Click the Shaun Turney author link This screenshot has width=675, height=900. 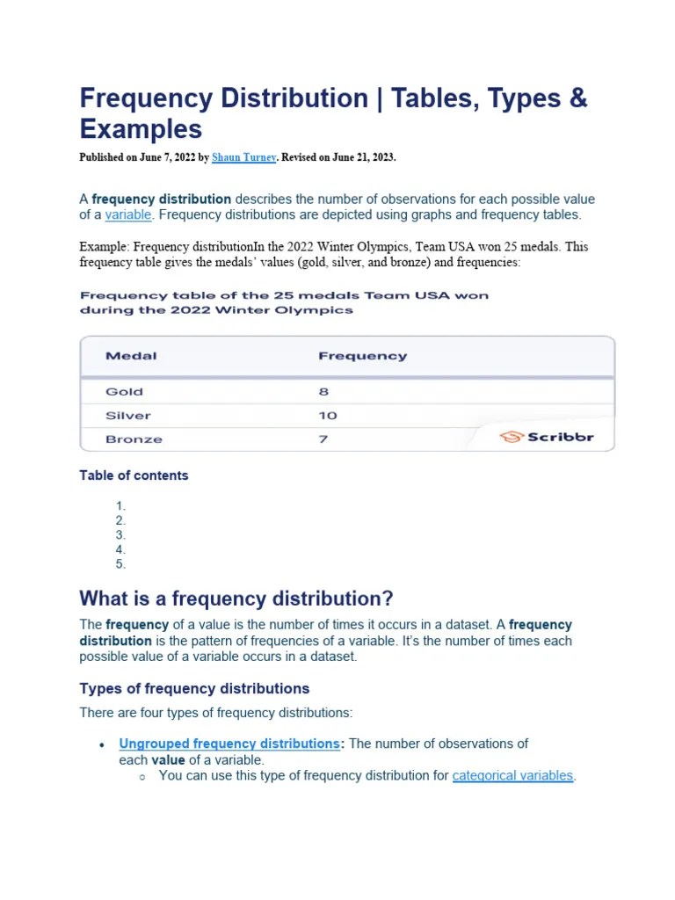pyautogui.click(x=243, y=157)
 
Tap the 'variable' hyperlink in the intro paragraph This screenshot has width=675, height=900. pyautogui.click(x=128, y=215)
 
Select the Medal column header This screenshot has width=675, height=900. pyautogui.click(x=131, y=356)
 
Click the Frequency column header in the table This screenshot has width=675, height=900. pyautogui.click(x=362, y=356)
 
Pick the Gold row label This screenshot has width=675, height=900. pyautogui.click(x=124, y=392)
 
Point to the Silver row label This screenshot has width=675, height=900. pyautogui.click(x=127, y=416)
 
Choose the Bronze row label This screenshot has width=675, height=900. pyautogui.click(x=134, y=439)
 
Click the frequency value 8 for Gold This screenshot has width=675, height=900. pyautogui.click(x=323, y=392)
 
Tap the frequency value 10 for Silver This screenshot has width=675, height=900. pyautogui.click(x=327, y=416)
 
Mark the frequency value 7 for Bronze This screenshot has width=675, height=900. pyautogui.click(x=323, y=439)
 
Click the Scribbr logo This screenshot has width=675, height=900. pyautogui.click(x=547, y=437)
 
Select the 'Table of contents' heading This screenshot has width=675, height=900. pyautogui.click(x=134, y=475)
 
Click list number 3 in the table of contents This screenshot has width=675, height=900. pyautogui.click(x=120, y=534)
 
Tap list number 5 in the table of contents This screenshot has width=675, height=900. pyautogui.click(x=120, y=564)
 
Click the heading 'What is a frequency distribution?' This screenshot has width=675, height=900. pyautogui.click(x=236, y=599)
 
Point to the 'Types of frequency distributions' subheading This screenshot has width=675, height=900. pyautogui.click(x=194, y=688)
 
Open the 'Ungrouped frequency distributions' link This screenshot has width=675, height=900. pyautogui.click(x=229, y=744)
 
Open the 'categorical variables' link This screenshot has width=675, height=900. pyautogui.click(x=512, y=776)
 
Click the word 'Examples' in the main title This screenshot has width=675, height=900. pyautogui.click(x=141, y=129)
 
